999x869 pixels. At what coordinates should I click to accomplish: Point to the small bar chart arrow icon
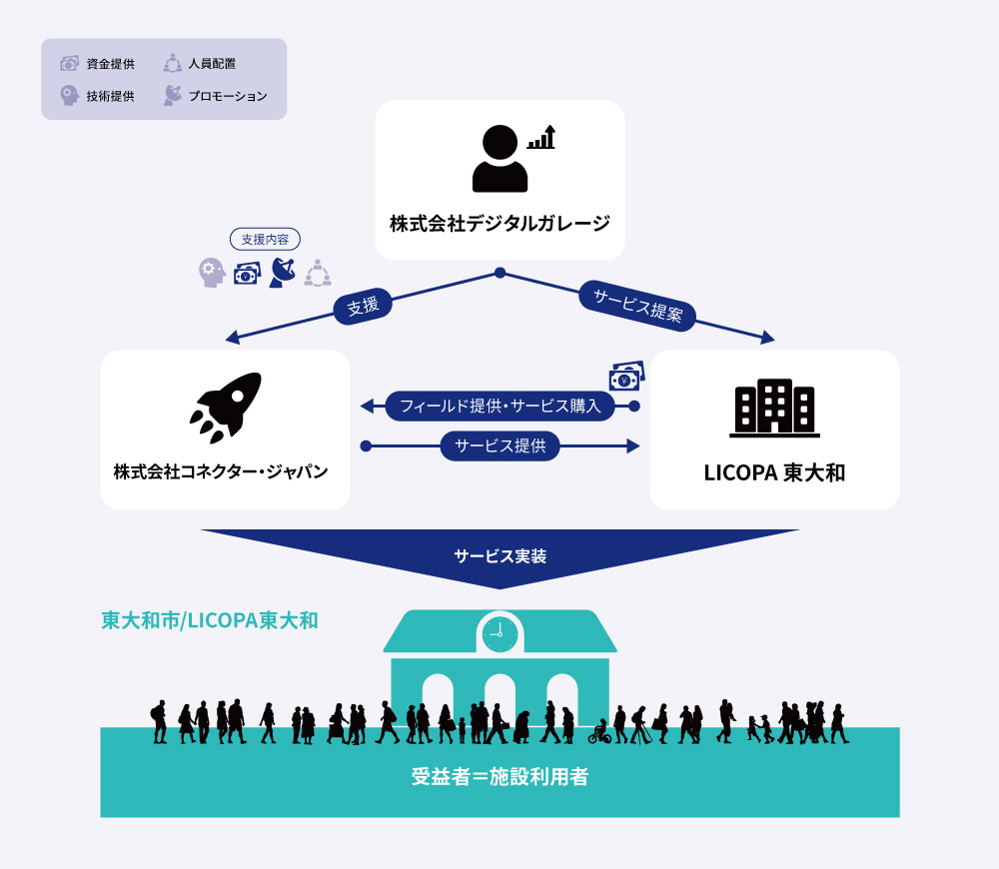(x=541, y=138)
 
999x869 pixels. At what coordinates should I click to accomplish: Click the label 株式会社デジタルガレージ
(x=499, y=223)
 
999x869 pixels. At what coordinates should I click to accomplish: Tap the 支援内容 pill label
(x=265, y=240)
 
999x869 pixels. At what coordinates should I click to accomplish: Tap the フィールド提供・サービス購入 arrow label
(x=499, y=406)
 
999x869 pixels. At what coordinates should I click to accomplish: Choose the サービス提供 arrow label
(x=499, y=445)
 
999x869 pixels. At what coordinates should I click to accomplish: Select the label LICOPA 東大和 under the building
(x=774, y=472)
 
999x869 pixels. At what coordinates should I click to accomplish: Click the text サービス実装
(x=499, y=556)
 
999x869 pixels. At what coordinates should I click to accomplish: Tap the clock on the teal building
(x=499, y=632)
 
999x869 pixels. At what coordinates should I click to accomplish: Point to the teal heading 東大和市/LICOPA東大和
(x=210, y=619)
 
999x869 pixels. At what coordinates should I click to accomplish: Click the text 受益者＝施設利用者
(x=499, y=776)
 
